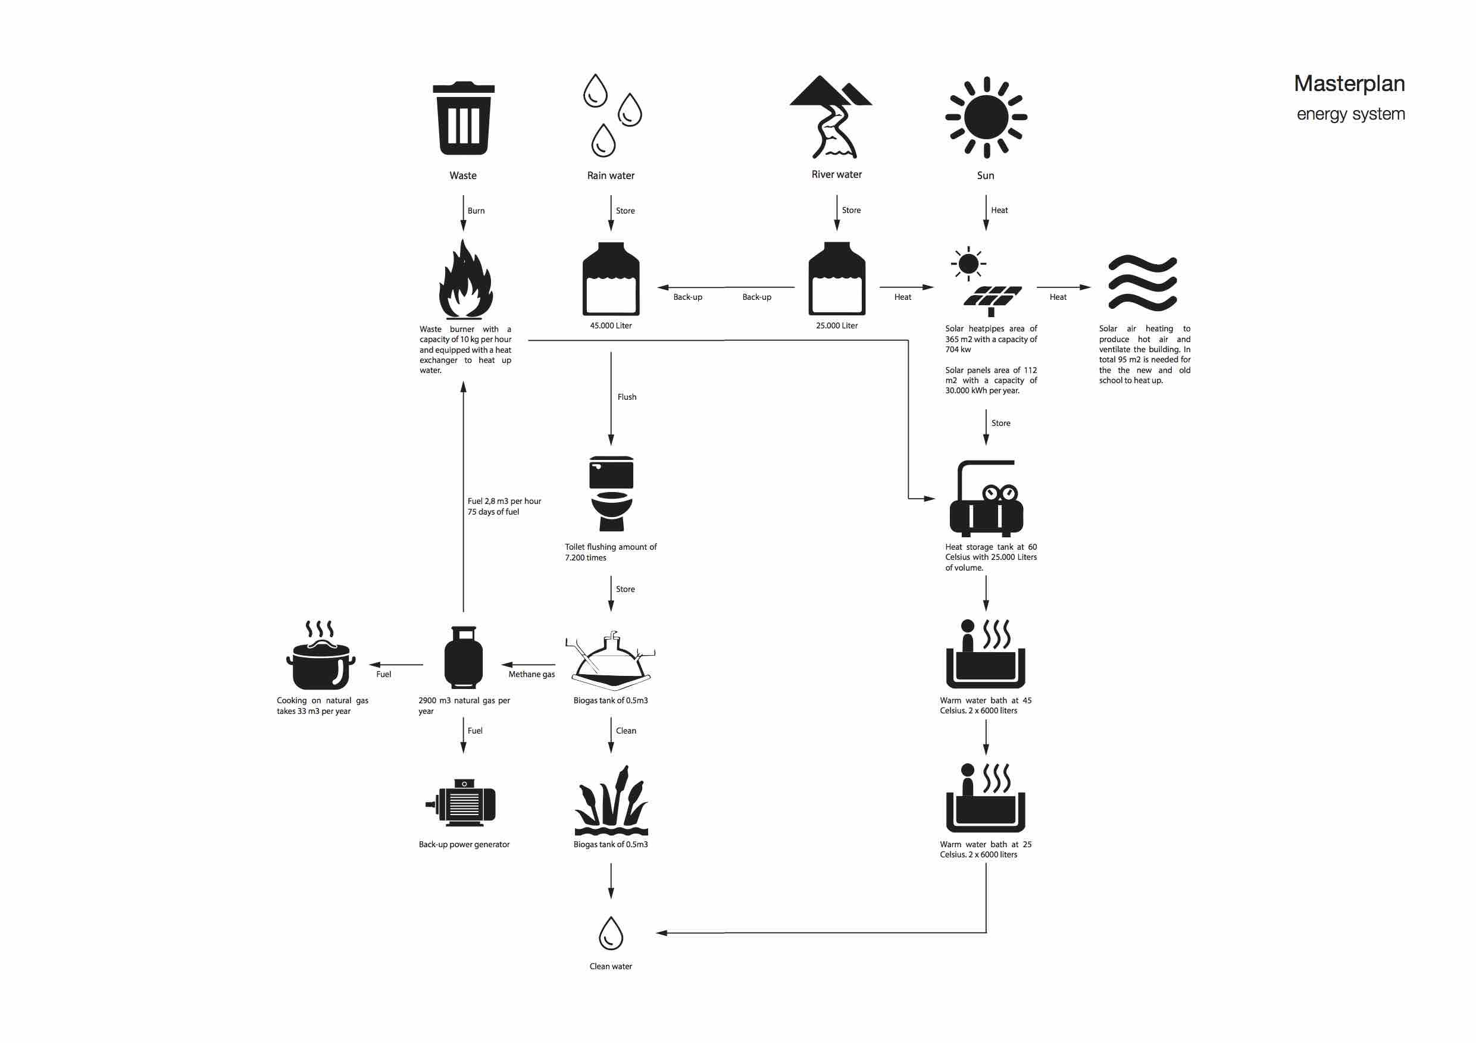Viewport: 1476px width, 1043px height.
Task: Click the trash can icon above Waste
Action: tap(464, 118)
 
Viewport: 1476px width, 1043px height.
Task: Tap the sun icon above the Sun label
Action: tap(986, 118)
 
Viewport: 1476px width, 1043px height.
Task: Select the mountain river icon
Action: tap(831, 117)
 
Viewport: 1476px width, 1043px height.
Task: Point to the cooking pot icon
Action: tap(321, 655)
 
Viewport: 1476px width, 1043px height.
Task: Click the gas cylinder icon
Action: tap(464, 657)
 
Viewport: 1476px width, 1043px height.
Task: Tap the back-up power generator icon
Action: tap(460, 803)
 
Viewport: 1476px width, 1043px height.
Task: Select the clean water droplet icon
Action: tap(611, 933)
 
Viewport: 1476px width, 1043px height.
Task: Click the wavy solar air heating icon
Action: tap(1142, 283)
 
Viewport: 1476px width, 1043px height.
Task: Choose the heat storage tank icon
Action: tap(986, 499)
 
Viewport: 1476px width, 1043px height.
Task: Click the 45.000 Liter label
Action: tap(611, 326)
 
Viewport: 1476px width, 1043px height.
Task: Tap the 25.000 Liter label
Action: tap(837, 326)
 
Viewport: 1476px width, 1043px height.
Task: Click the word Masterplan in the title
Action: tap(1349, 83)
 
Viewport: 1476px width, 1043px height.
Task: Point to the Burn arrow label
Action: tap(476, 211)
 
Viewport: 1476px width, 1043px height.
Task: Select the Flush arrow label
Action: tap(627, 397)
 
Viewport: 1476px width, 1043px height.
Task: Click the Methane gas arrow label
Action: tap(531, 675)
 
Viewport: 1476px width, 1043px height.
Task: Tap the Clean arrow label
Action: tap(626, 731)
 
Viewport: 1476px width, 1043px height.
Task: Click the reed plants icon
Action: tap(611, 800)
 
